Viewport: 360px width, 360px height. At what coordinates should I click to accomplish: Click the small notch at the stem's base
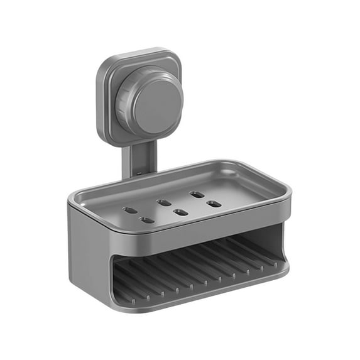pos(136,171)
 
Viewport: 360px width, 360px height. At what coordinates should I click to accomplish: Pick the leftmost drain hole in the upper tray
pos(129,210)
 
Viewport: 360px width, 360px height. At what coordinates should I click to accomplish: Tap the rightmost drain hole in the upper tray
pos(214,204)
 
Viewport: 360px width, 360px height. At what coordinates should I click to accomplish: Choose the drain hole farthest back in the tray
pos(197,194)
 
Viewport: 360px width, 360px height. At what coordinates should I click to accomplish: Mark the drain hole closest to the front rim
pos(146,220)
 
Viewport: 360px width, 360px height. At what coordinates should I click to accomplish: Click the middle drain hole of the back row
pos(163,202)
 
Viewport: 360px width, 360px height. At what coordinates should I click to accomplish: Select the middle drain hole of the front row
pos(180,212)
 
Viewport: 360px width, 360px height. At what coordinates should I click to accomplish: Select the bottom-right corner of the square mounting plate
pos(178,135)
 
